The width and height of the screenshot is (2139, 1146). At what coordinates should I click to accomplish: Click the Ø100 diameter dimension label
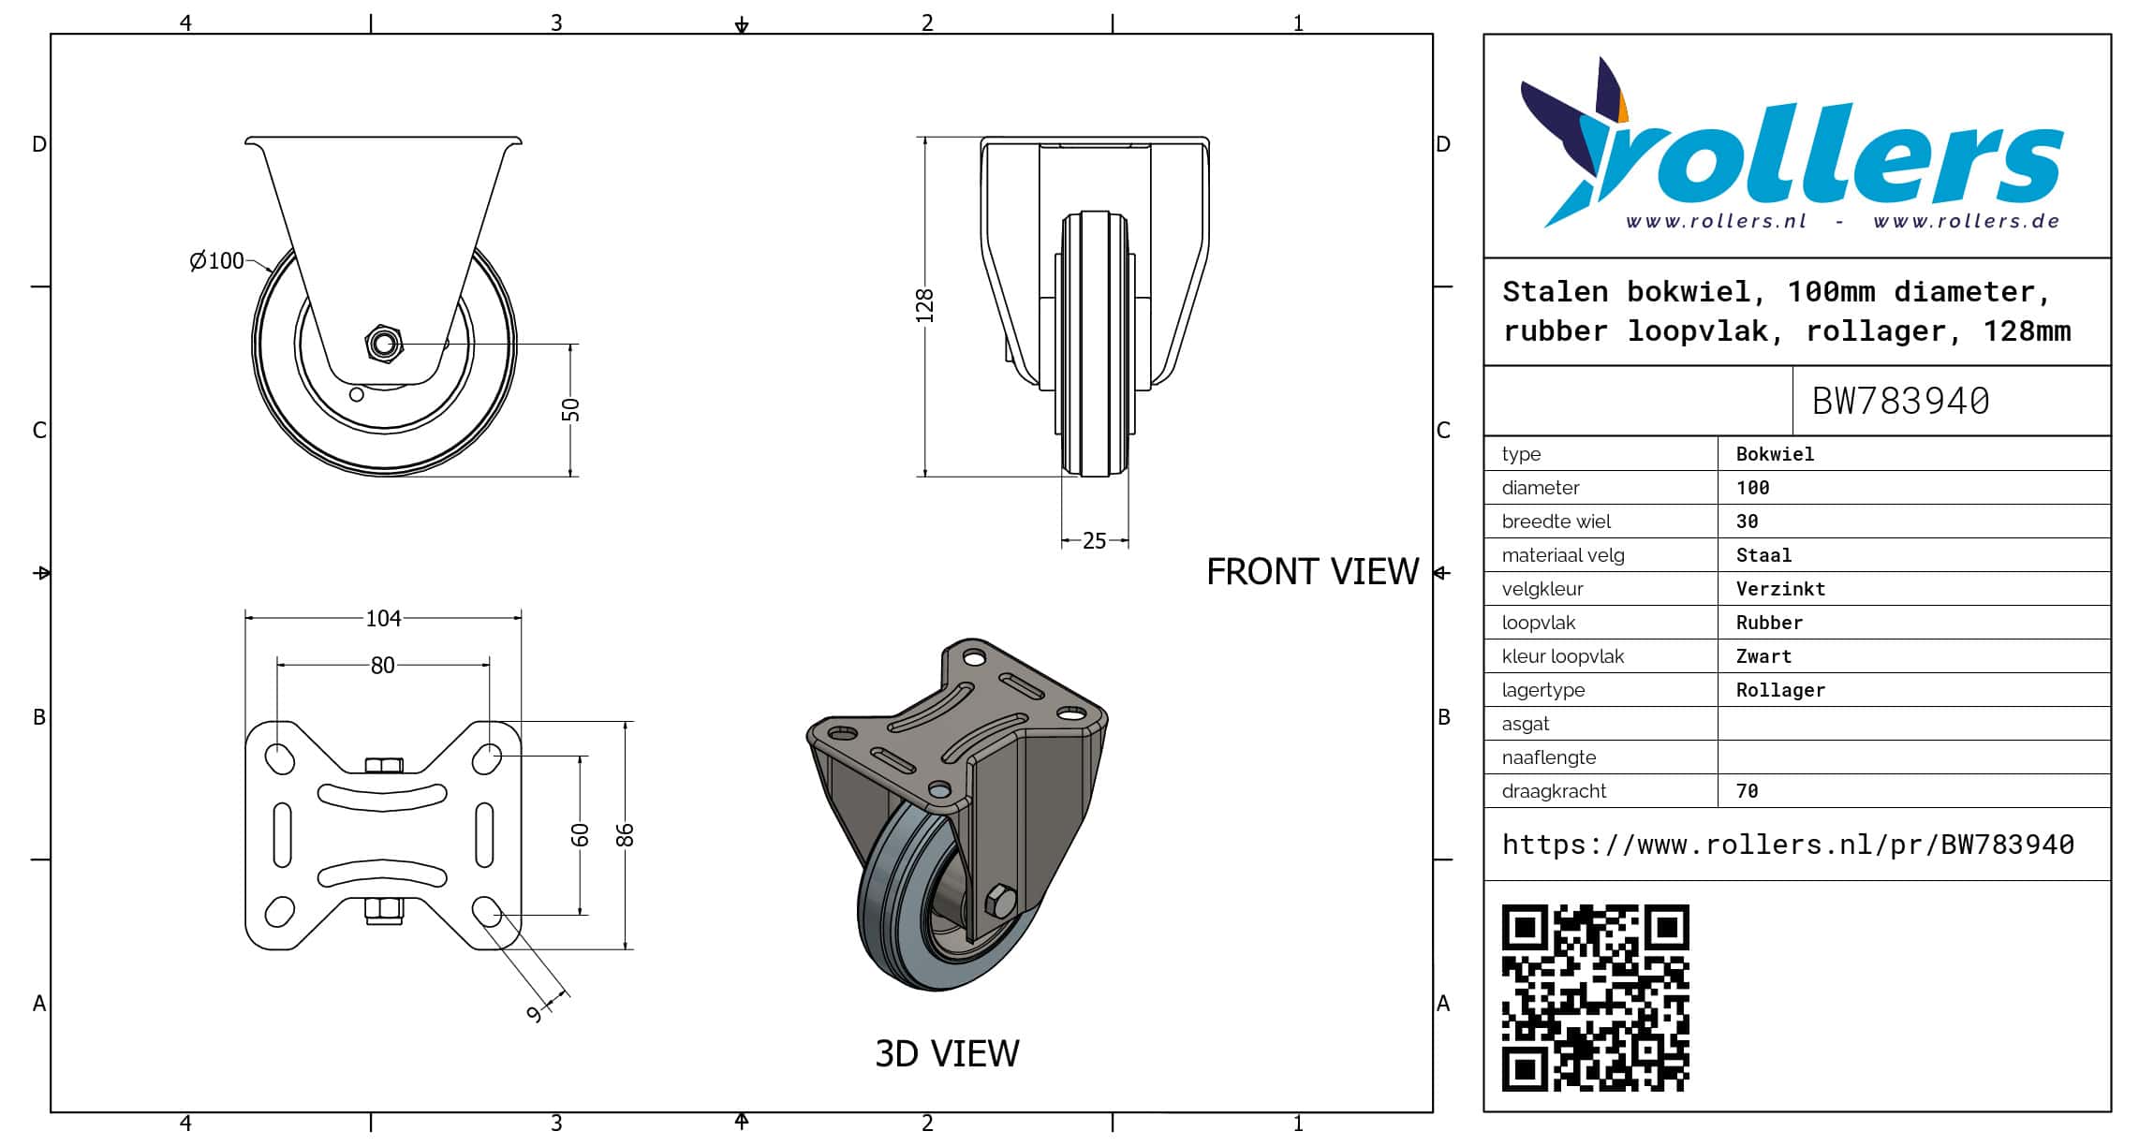tap(216, 261)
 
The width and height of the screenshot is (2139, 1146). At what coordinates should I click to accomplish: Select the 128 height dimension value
tap(925, 306)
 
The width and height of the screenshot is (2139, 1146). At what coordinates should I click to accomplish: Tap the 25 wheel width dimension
tap(1094, 541)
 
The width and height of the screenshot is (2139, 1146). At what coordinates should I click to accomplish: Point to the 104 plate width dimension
tap(383, 618)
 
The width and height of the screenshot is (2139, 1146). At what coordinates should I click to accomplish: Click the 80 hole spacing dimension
tap(382, 665)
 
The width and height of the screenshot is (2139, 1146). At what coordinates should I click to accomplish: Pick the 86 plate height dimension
tap(625, 835)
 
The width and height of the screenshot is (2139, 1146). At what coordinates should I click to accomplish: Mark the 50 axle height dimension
tap(570, 410)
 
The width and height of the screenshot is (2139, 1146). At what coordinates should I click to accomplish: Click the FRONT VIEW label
tap(1312, 571)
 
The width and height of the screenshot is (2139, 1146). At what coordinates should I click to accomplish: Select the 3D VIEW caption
tap(947, 1053)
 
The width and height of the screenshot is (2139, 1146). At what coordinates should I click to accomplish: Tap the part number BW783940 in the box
tap(1900, 401)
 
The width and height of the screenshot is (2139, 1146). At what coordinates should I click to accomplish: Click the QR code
tap(1596, 998)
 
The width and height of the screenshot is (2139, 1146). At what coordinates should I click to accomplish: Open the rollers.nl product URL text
tap(1788, 845)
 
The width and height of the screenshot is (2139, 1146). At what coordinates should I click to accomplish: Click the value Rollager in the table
tap(1780, 690)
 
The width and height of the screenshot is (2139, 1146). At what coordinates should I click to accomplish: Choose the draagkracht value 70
tap(1747, 791)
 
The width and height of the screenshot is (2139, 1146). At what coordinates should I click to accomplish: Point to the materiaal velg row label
tap(1563, 555)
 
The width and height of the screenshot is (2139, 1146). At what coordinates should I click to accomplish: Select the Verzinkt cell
tap(1780, 589)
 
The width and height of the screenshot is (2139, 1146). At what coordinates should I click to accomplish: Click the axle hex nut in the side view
tap(383, 344)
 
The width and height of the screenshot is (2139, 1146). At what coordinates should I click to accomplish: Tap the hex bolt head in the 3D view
tap(1001, 901)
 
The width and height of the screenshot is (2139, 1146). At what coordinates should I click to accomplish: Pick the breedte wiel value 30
tap(1747, 522)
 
